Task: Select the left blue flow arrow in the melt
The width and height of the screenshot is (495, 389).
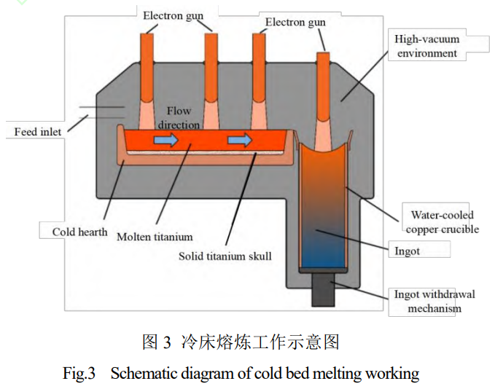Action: coord(165,141)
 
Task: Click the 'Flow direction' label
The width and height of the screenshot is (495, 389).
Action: coord(179,118)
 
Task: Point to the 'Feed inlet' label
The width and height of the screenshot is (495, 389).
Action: coord(38,132)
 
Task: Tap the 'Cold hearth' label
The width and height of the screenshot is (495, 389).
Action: coord(79,232)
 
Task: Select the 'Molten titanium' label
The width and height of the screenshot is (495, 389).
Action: coord(155,237)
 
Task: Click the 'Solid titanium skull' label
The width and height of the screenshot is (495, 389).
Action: coord(225,256)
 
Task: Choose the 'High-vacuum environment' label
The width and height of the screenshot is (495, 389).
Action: coord(427,46)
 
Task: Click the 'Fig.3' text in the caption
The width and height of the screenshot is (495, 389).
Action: coord(79,374)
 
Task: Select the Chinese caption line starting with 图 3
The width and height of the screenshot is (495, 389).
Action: coord(241,342)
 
